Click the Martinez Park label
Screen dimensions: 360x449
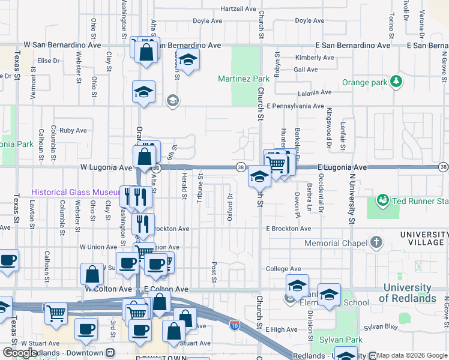(244, 79)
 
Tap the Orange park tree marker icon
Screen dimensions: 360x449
(396, 81)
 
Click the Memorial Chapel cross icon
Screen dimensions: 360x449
(376, 242)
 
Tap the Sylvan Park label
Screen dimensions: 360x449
(341, 340)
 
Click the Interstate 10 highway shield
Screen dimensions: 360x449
(235, 325)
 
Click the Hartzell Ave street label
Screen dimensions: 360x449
(238, 9)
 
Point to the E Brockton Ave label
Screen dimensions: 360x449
(289, 229)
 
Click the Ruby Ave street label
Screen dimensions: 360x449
(73, 130)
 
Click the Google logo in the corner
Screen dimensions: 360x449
(19, 353)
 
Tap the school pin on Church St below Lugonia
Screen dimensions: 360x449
(259, 176)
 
